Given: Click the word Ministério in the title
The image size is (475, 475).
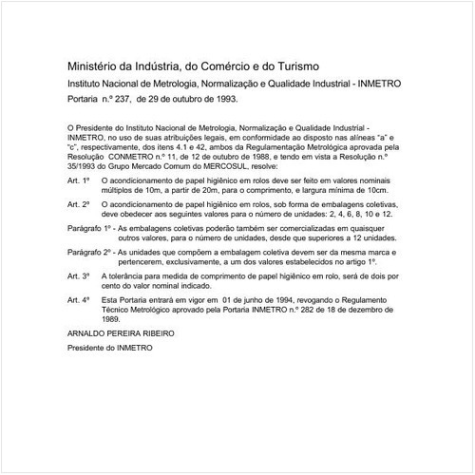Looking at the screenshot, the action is point(94,66).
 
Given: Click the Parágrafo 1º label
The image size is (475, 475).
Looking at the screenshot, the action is point(90,230).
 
